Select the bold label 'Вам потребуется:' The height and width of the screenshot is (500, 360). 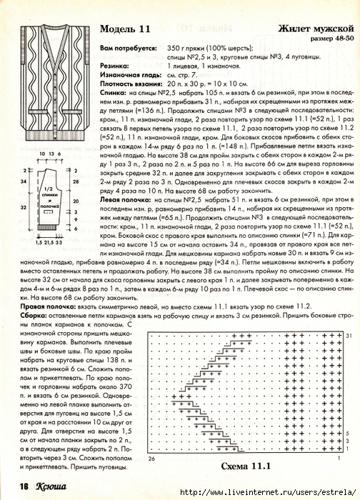[128, 48]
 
